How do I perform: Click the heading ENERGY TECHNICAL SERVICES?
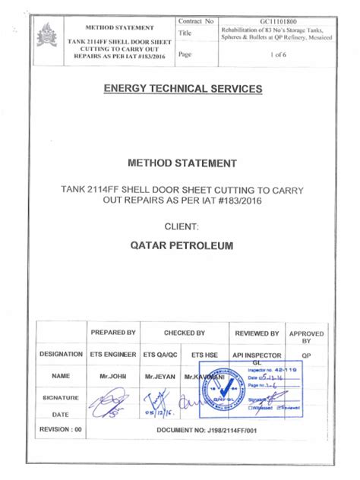[182, 89]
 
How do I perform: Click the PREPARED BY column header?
[113, 333]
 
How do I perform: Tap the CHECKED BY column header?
[185, 333]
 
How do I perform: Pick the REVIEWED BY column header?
[257, 333]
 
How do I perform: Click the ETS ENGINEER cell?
[113, 354]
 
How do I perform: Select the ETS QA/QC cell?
[161, 354]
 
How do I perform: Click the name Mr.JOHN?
[113, 376]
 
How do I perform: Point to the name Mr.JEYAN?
[161, 376]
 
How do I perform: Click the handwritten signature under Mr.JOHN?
[111, 399]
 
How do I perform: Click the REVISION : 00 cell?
[62, 430]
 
